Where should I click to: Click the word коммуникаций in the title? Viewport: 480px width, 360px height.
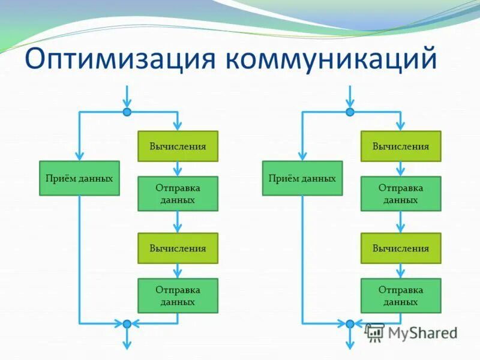pyautogui.click(x=329, y=59)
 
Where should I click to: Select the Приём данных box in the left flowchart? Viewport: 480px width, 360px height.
pyautogui.click(x=79, y=178)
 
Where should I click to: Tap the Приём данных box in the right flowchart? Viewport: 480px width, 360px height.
pyautogui.click(x=302, y=178)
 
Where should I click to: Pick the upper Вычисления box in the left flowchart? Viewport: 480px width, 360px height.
pyautogui.click(x=178, y=146)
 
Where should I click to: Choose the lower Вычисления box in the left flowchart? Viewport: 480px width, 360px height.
pyautogui.click(x=178, y=248)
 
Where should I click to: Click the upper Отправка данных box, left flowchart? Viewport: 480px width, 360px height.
pyautogui.click(x=178, y=194)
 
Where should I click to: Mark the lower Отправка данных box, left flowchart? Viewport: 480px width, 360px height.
pyautogui.click(x=178, y=296)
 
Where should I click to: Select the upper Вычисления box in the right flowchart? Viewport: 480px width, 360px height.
pyautogui.click(x=401, y=146)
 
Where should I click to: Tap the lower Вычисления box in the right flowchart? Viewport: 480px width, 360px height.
pyautogui.click(x=401, y=248)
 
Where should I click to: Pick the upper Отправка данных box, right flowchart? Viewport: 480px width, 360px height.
pyautogui.click(x=401, y=194)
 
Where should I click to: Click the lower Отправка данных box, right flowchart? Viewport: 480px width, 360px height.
pyautogui.click(x=401, y=296)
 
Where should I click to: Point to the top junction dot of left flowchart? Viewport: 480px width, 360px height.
pyautogui.click(x=127, y=112)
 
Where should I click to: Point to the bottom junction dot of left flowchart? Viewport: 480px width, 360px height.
pyautogui.click(x=127, y=324)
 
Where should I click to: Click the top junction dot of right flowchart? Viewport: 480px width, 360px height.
pyautogui.click(x=350, y=112)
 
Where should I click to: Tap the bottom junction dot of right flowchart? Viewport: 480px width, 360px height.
pyautogui.click(x=350, y=324)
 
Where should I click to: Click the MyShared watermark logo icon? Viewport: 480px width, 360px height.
pyautogui.click(x=375, y=332)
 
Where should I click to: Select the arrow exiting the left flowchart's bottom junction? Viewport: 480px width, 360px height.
pyautogui.click(x=127, y=339)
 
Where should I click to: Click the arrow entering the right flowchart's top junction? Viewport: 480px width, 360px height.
pyautogui.click(x=350, y=96)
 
